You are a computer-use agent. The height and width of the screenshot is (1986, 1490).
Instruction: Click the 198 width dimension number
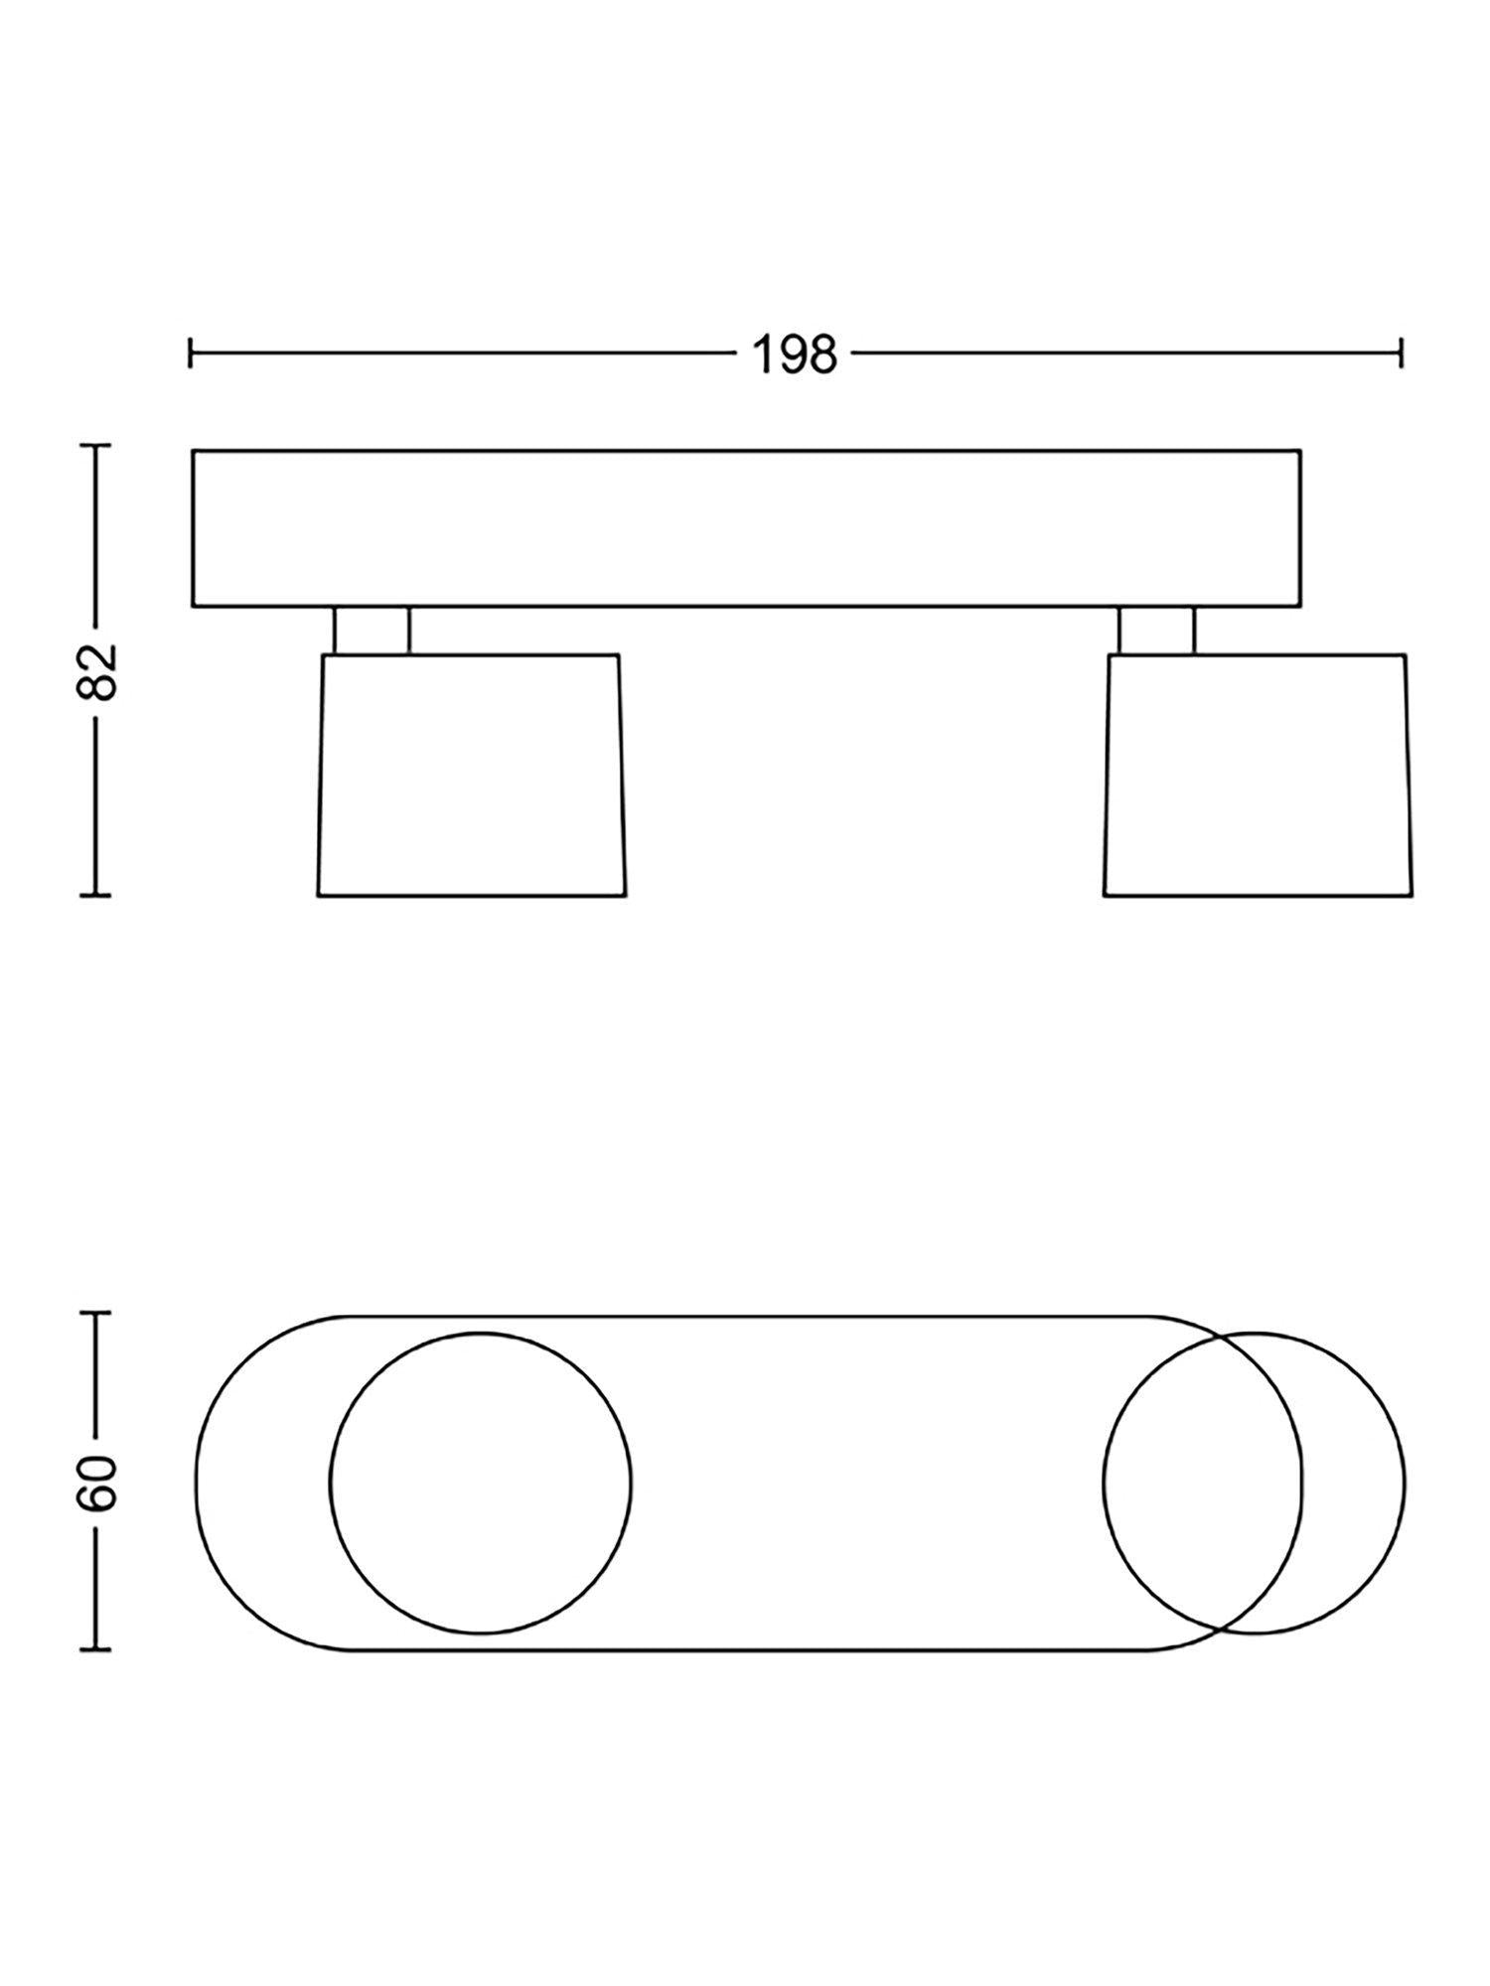click(x=795, y=354)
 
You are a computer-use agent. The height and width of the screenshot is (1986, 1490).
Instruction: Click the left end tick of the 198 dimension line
click(x=191, y=353)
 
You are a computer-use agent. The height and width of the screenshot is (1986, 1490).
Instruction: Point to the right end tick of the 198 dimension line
click(x=1401, y=353)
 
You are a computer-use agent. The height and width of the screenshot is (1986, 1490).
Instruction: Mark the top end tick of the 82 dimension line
click(x=96, y=446)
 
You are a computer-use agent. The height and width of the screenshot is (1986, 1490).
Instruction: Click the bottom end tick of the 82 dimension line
click(x=96, y=896)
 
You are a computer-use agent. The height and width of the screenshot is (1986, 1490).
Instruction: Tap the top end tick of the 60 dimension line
click(x=96, y=1314)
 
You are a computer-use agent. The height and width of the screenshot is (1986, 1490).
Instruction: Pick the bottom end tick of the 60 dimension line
click(x=96, y=1651)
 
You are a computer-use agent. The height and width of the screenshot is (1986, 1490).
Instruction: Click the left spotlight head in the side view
click(x=472, y=775)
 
